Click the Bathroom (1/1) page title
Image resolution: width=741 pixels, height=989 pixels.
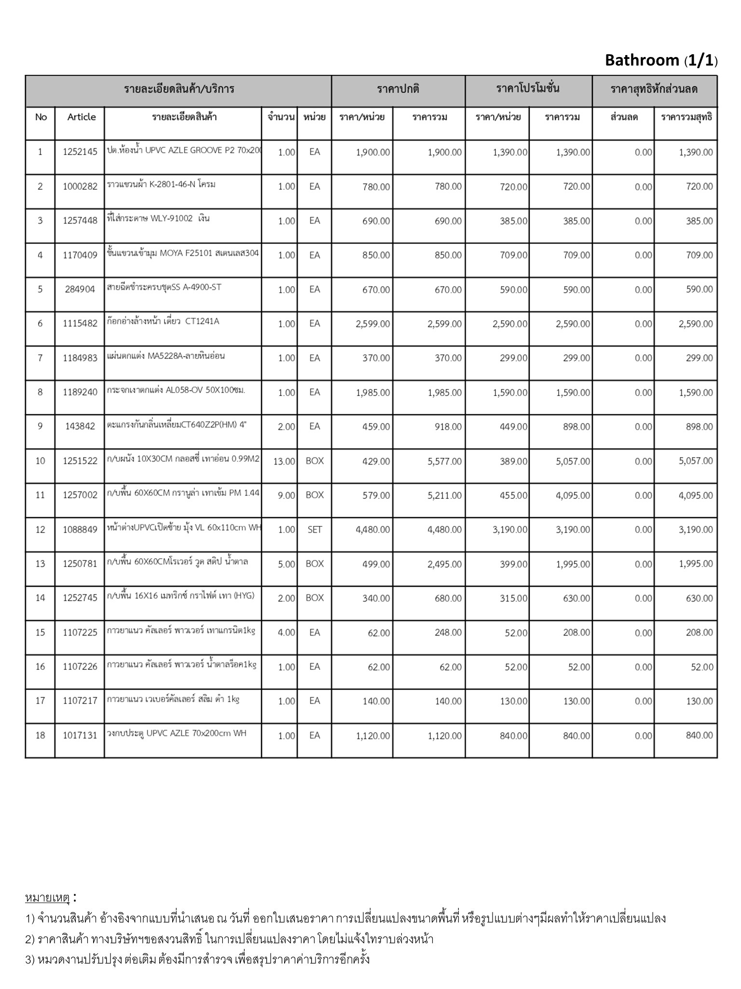pos(661,60)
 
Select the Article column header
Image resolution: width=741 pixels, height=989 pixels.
pos(82,117)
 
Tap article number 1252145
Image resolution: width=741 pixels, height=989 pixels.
pos(80,152)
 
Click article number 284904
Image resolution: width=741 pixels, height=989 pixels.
pos(80,290)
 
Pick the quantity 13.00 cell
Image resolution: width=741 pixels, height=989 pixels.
pos(284,461)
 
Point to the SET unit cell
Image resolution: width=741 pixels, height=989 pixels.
pos(315,530)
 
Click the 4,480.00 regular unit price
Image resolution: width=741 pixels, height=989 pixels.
pos(372,530)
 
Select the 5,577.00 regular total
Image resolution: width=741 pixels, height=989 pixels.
pos(444,461)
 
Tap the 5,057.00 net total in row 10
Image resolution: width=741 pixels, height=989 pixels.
pos(695,461)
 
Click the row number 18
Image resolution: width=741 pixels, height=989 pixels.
pos(40,735)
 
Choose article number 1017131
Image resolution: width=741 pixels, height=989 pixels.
pos(80,735)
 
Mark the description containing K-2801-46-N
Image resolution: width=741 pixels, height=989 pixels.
pos(162,184)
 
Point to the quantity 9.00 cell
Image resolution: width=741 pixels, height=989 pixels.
pos(287,495)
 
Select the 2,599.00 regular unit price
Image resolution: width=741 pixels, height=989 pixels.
pos(372,324)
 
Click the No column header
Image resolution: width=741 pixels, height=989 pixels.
pos(41,117)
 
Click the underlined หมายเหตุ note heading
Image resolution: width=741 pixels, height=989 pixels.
pos(47,898)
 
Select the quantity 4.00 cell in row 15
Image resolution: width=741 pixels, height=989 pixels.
pos(287,633)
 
